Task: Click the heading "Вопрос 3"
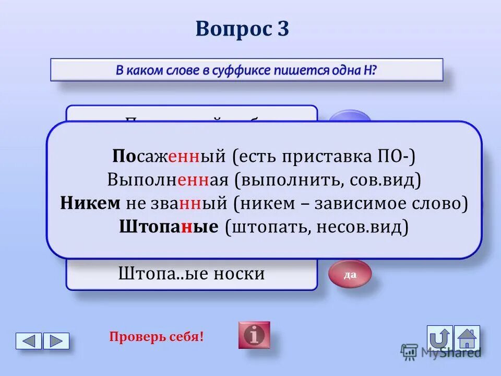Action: (x=242, y=29)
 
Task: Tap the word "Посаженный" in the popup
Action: (x=169, y=156)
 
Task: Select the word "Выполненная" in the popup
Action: (x=168, y=180)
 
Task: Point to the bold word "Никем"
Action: (x=90, y=203)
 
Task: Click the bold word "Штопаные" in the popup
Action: (x=169, y=227)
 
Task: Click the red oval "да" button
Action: (x=350, y=274)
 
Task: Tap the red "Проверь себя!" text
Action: (x=157, y=336)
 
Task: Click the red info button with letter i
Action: (x=254, y=335)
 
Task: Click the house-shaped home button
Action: (x=467, y=337)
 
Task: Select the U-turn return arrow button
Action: (x=440, y=337)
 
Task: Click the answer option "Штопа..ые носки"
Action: (x=192, y=273)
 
